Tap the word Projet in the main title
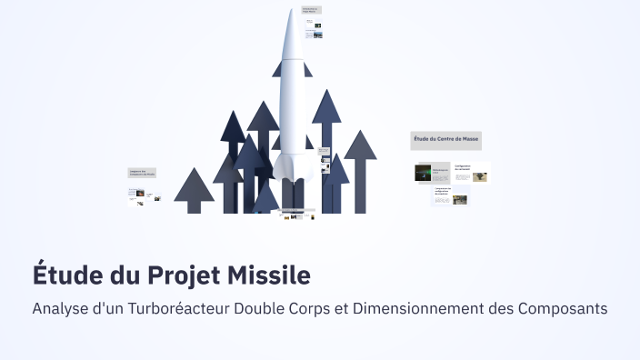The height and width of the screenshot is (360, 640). click(185, 275)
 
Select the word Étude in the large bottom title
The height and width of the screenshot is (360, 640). click(65, 275)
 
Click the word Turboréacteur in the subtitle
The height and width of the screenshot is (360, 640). click(165, 308)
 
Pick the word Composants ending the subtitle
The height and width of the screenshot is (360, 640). click(562, 308)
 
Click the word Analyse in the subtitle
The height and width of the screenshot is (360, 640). click(60, 308)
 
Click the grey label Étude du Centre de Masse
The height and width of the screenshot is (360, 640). click(445, 140)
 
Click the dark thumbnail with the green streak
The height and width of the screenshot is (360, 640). click(423, 173)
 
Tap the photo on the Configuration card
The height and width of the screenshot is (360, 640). click(479, 177)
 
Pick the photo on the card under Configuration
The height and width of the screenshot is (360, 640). click(460, 200)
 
